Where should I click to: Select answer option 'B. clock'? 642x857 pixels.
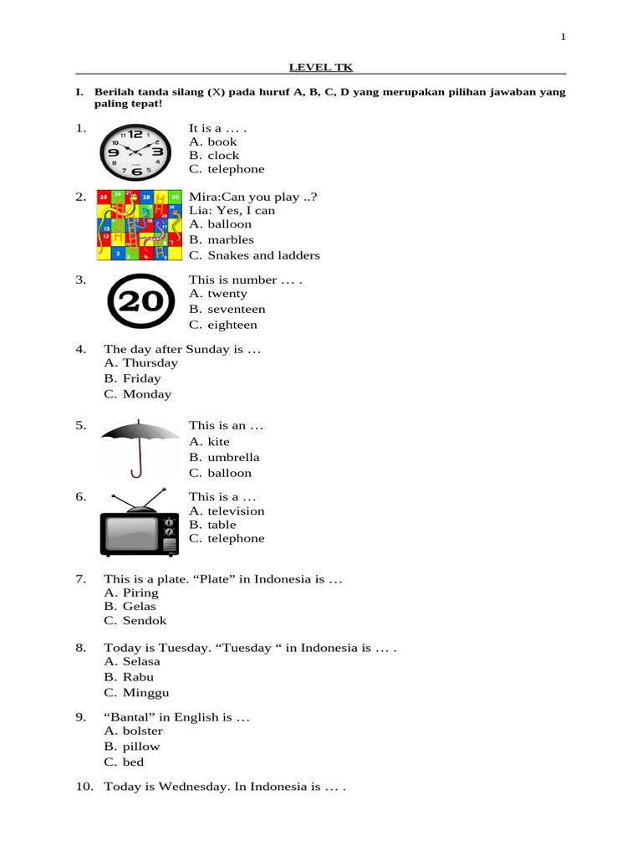[214, 156]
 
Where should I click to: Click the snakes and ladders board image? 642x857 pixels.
[138, 224]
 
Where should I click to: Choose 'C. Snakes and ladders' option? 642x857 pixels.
[254, 255]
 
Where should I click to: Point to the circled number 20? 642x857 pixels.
[141, 302]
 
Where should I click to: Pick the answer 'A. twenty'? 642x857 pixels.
[218, 294]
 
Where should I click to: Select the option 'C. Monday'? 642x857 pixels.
[138, 394]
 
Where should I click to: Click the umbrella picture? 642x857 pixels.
[140, 448]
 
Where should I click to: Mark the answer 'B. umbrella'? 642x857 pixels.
[224, 458]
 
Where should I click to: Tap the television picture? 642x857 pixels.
[140, 523]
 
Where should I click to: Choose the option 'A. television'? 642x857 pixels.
[227, 511]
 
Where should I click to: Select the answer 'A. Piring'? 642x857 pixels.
[131, 593]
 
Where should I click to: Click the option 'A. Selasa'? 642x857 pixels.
[132, 662]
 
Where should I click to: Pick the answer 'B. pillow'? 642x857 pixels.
[132, 747]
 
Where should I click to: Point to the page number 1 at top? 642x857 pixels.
[563, 37]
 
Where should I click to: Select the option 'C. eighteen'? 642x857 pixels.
[223, 325]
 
